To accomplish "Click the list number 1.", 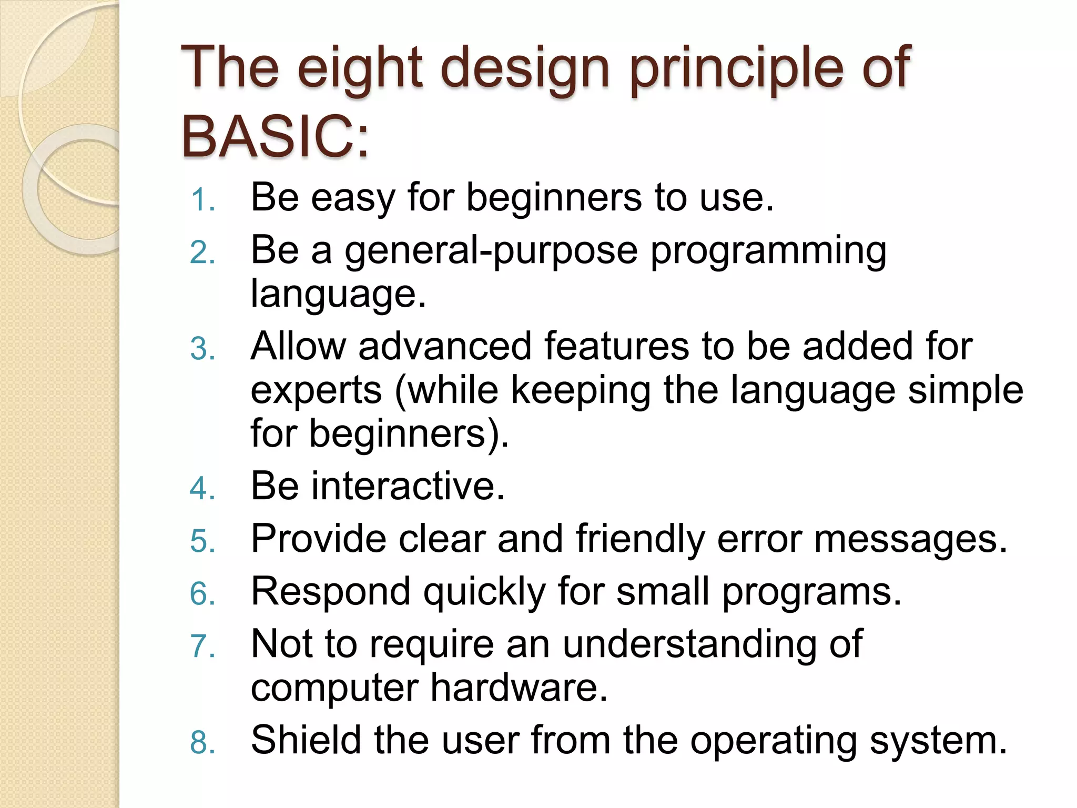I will [203, 200].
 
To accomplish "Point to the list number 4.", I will [203, 488].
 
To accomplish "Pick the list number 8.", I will [203, 742].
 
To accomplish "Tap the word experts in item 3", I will [316, 391].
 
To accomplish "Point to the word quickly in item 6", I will [484, 592].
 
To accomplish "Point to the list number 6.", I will [203, 594].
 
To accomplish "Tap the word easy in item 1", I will [353, 198].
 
